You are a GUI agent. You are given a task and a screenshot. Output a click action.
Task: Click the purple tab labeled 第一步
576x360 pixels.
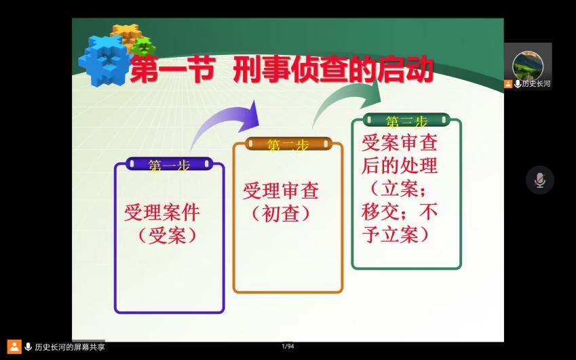click(170, 163)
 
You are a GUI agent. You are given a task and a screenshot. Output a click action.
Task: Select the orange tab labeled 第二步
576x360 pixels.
click(288, 144)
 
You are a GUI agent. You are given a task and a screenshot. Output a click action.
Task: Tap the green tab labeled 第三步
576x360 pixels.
click(406, 119)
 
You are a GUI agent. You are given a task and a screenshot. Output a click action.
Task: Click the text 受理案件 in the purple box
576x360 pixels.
click(162, 212)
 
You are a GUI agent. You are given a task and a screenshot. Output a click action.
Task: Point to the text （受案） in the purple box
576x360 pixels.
click(167, 235)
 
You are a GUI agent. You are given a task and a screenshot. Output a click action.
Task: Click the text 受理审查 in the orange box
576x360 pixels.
click(281, 191)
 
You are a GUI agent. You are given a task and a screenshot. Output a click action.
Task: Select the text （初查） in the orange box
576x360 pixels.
click(281, 214)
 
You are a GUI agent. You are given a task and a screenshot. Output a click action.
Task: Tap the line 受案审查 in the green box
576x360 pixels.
click(400, 143)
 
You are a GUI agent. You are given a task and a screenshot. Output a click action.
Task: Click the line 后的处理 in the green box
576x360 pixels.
click(400, 165)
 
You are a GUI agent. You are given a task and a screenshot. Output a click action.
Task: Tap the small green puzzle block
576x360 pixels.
click(143, 46)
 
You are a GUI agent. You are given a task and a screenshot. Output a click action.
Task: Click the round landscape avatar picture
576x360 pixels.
click(528, 66)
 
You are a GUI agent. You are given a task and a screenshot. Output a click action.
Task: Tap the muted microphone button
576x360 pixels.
click(539, 180)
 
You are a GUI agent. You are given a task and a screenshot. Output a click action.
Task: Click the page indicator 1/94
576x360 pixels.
click(288, 346)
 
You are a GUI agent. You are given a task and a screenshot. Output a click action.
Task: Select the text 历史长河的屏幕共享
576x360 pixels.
click(70, 347)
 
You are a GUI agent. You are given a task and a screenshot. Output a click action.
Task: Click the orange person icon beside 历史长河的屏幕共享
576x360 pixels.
click(14, 347)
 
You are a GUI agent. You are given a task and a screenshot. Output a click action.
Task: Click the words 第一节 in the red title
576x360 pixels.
click(172, 69)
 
